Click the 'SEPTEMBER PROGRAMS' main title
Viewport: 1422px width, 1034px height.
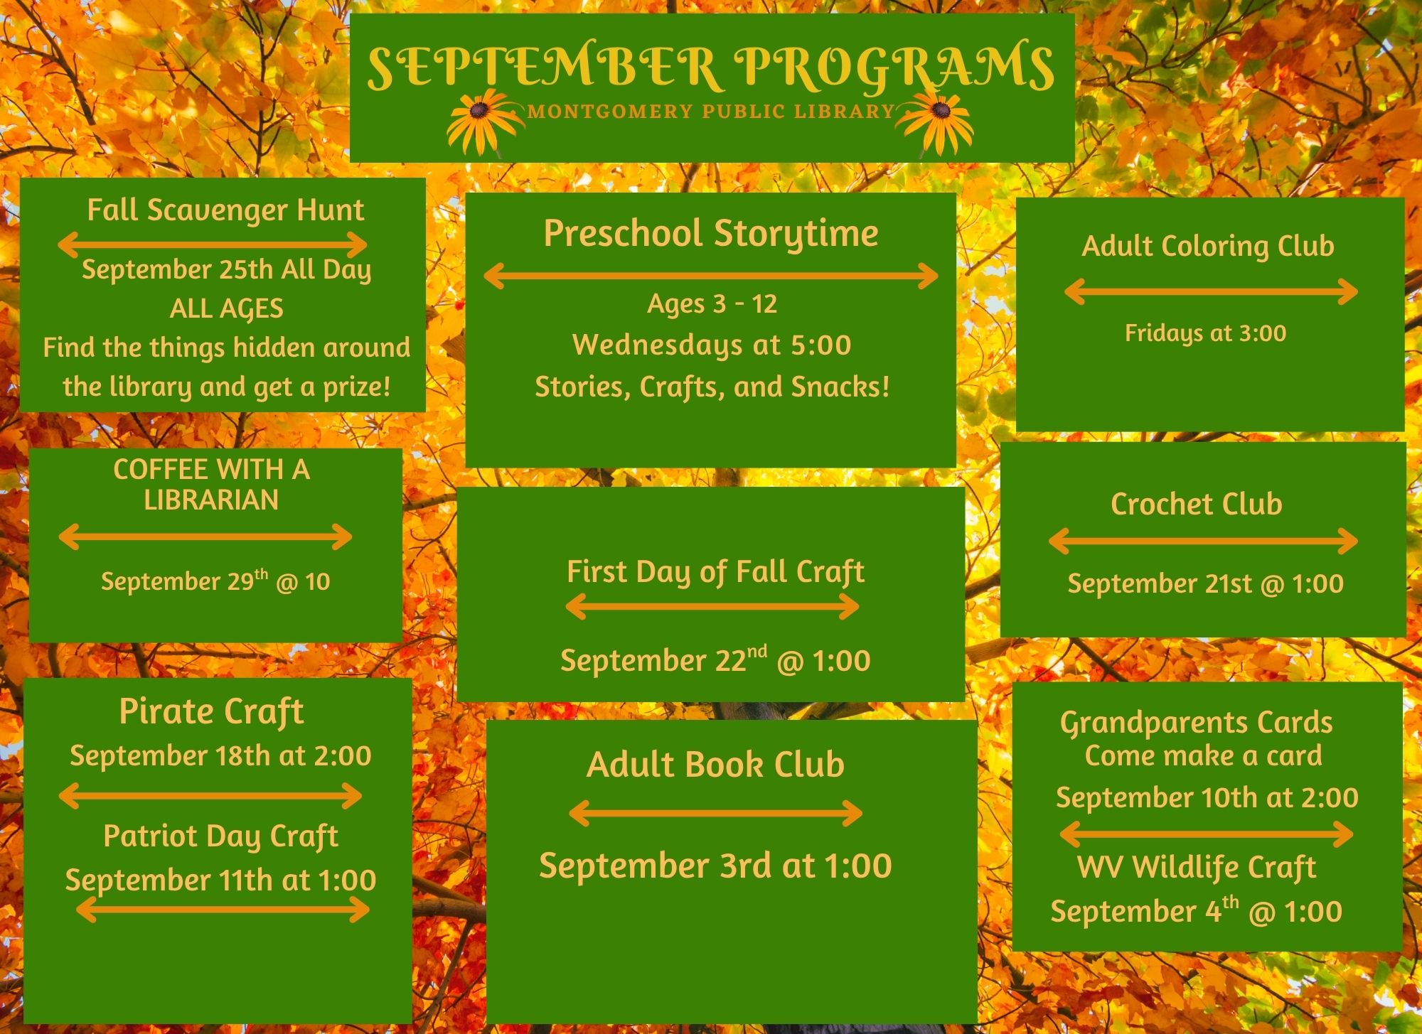pyautogui.click(x=710, y=68)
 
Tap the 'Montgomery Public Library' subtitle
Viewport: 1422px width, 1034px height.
pyautogui.click(x=711, y=112)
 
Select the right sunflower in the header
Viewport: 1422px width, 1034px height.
pyautogui.click(x=937, y=121)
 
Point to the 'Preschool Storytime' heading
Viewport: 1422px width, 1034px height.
pyautogui.click(x=711, y=234)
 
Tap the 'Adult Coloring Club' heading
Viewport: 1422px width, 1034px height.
pyautogui.click(x=1208, y=247)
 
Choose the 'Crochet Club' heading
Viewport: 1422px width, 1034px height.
pyautogui.click(x=1197, y=504)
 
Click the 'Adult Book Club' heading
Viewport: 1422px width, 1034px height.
pyautogui.click(x=715, y=765)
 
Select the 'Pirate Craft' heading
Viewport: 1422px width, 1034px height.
pyautogui.click(x=212, y=712)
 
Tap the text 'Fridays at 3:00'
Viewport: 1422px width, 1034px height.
pyautogui.click(x=1205, y=333)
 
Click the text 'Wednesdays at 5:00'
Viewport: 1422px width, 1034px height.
pyautogui.click(x=712, y=345)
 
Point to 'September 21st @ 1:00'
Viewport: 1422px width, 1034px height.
pyautogui.click(x=1205, y=583)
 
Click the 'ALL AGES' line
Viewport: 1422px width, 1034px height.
pyautogui.click(x=226, y=309)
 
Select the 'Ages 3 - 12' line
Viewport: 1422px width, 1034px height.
pyautogui.click(x=712, y=304)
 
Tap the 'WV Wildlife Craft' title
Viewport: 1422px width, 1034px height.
pyautogui.click(x=1197, y=868)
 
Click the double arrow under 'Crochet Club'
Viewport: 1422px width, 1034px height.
pyautogui.click(x=1203, y=541)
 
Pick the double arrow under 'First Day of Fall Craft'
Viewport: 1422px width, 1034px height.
pyautogui.click(x=712, y=606)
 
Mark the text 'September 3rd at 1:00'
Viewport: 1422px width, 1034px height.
pyautogui.click(x=715, y=866)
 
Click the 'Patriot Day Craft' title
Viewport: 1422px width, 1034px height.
pyautogui.click(x=220, y=836)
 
